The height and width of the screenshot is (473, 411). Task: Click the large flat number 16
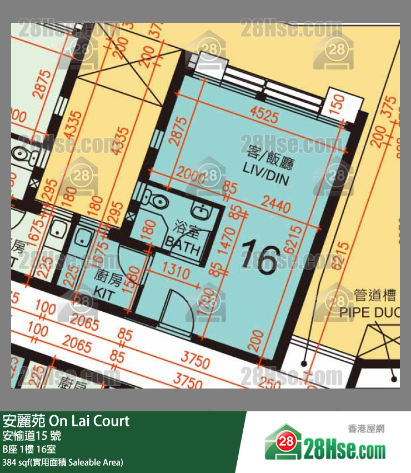260,257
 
